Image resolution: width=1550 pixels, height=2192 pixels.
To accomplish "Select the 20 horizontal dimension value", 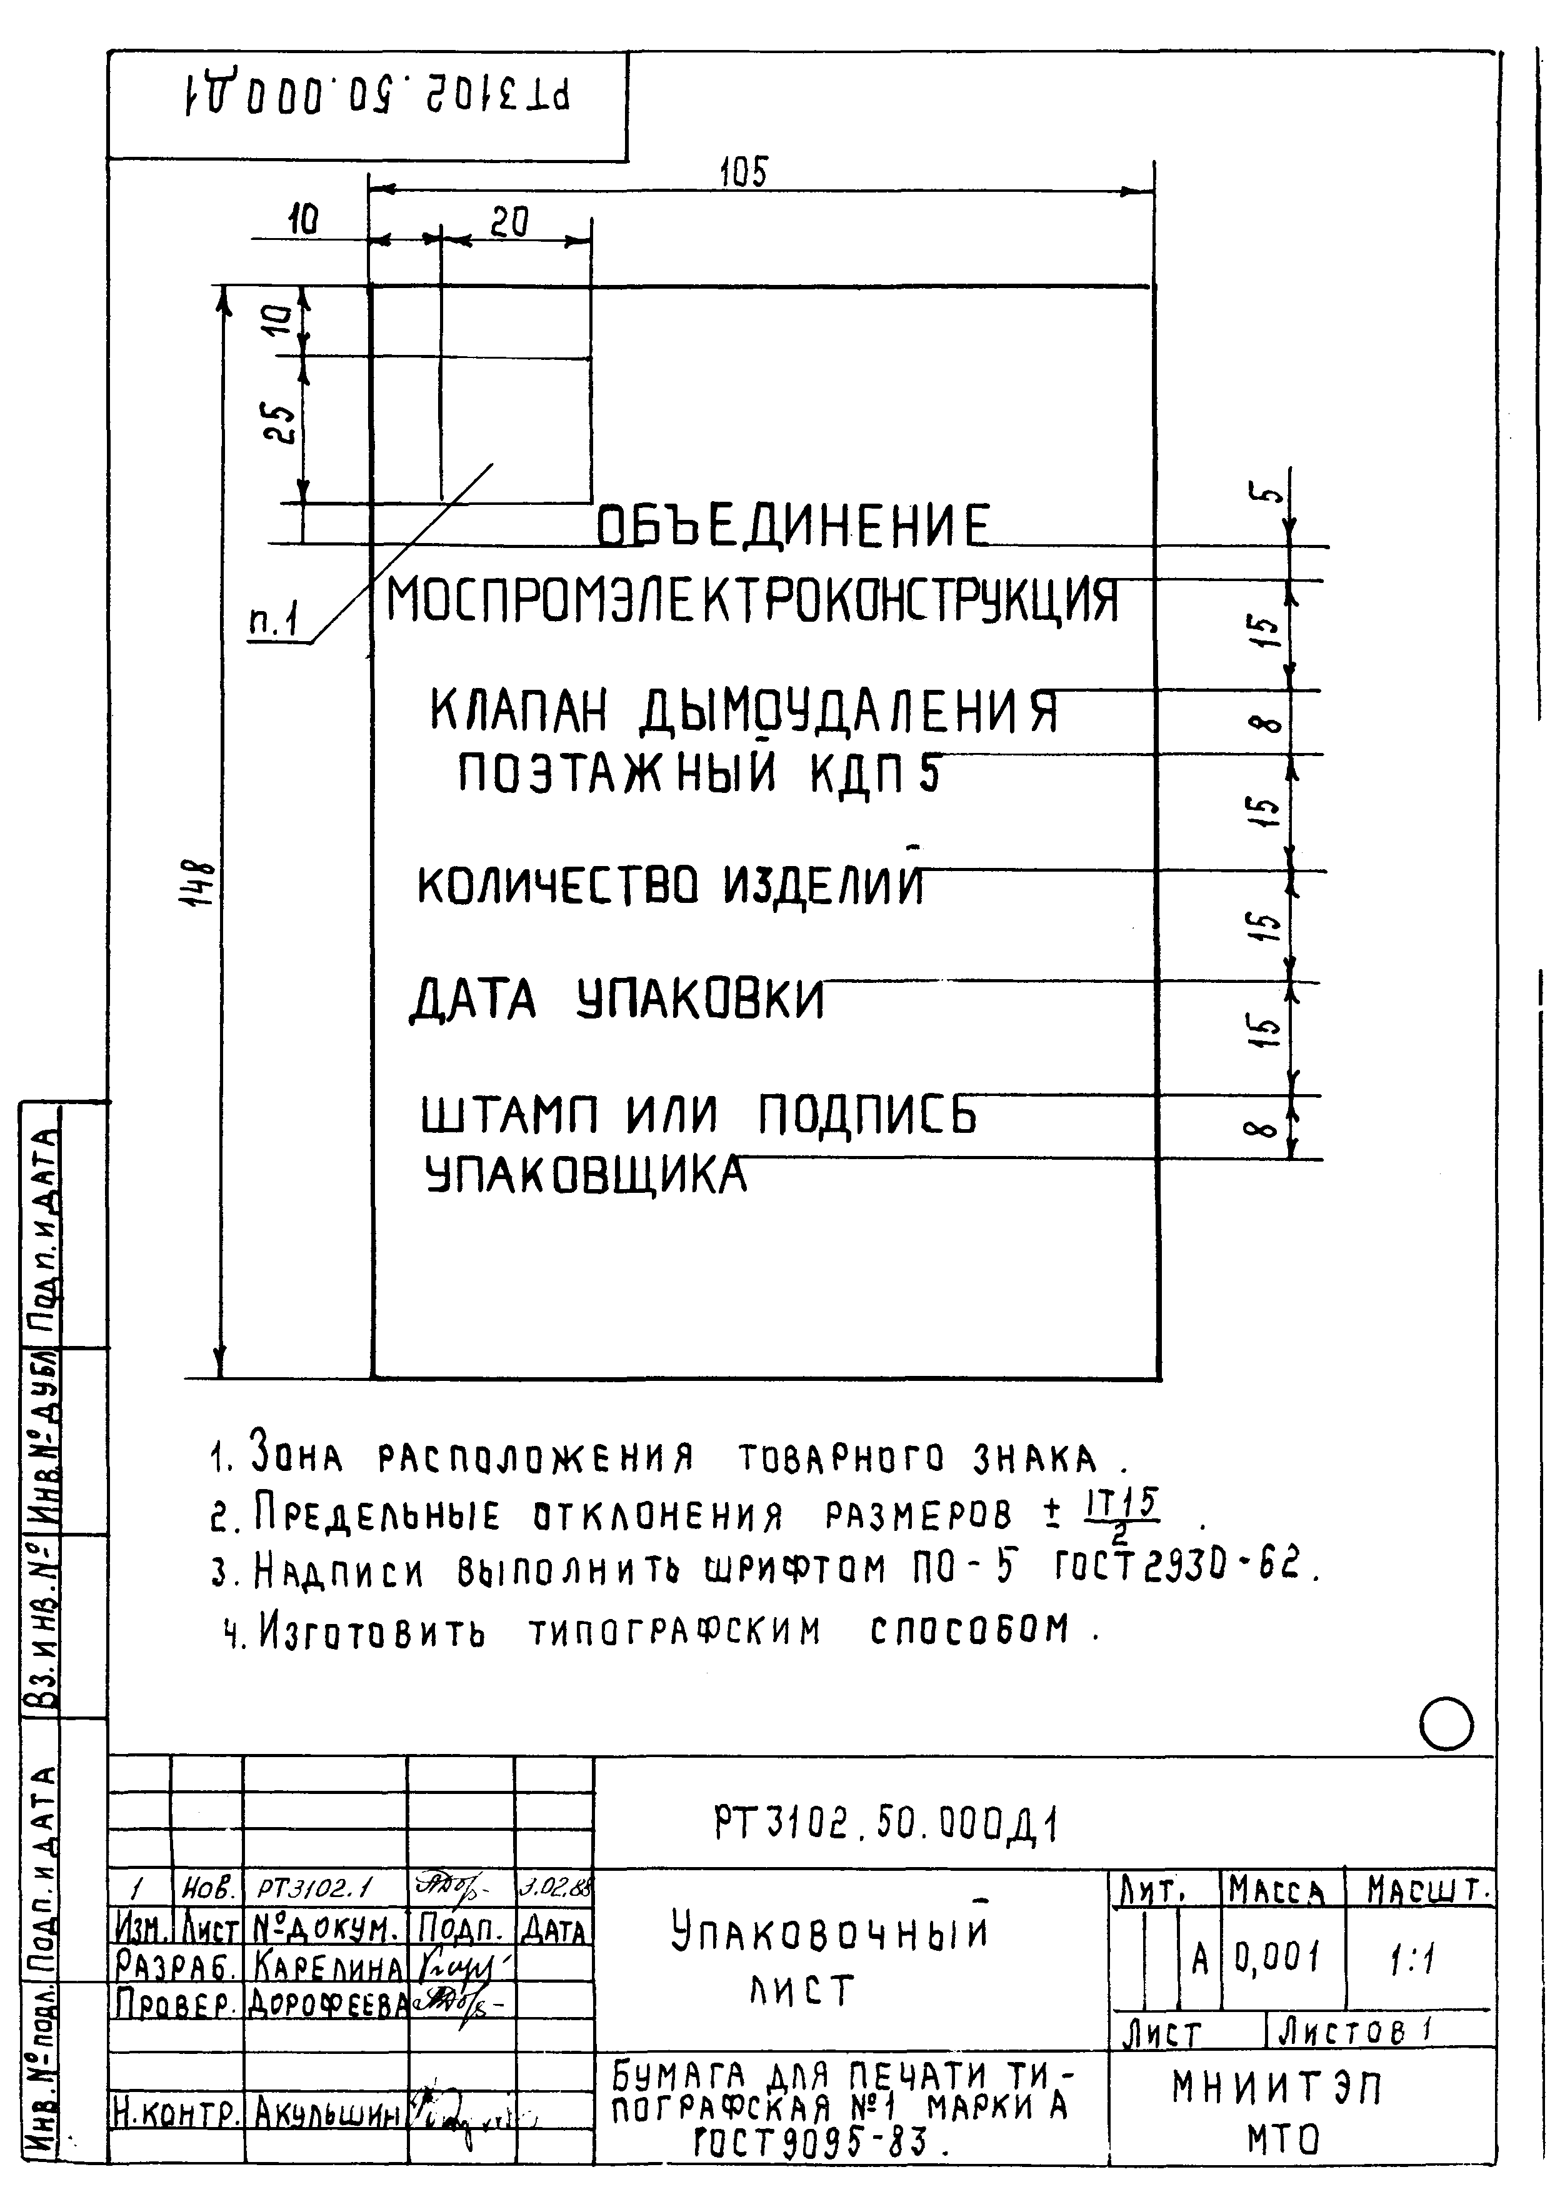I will (509, 222).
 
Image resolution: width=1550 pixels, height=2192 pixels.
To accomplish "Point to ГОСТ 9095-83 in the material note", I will (810, 2143).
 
